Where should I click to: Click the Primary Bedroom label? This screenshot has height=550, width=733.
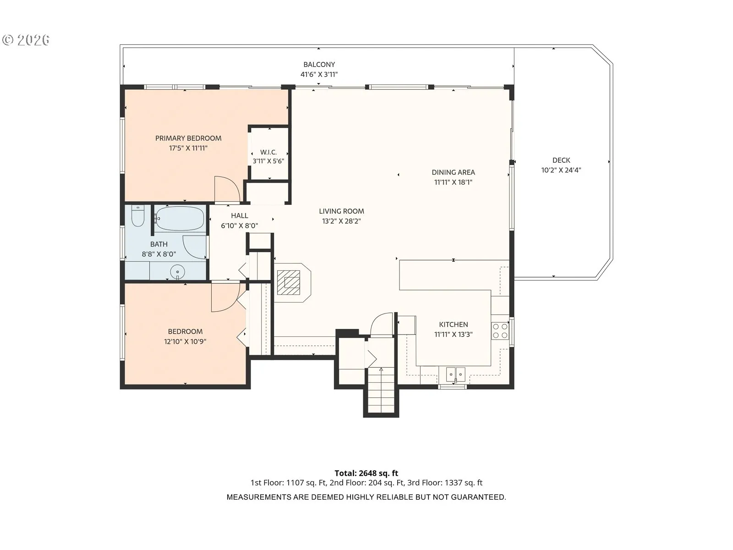(188, 138)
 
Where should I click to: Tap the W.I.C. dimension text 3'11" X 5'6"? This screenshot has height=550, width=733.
(268, 161)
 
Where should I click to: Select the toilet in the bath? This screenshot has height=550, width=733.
(137, 216)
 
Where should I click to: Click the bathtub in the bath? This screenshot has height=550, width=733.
(180, 219)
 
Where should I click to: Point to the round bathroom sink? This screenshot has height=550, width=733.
(177, 271)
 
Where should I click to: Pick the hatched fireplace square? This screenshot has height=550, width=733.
(289, 282)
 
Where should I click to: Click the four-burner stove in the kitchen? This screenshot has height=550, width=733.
(500, 331)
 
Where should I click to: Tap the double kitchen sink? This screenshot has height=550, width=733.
(456, 374)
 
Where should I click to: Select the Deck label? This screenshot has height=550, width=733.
(561, 160)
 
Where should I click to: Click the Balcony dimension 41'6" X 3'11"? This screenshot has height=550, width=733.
(319, 74)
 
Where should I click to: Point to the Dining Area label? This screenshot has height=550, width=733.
(453, 172)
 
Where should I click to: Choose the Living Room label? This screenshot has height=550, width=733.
(341, 211)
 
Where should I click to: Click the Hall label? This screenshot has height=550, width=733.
(240, 216)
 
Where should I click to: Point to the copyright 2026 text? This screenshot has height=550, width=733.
(26, 40)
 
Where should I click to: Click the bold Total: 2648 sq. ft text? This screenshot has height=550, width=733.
(366, 473)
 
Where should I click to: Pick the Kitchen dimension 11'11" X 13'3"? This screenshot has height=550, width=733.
(453, 334)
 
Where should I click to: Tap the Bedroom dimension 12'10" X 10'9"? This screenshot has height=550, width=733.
(185, 341)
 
